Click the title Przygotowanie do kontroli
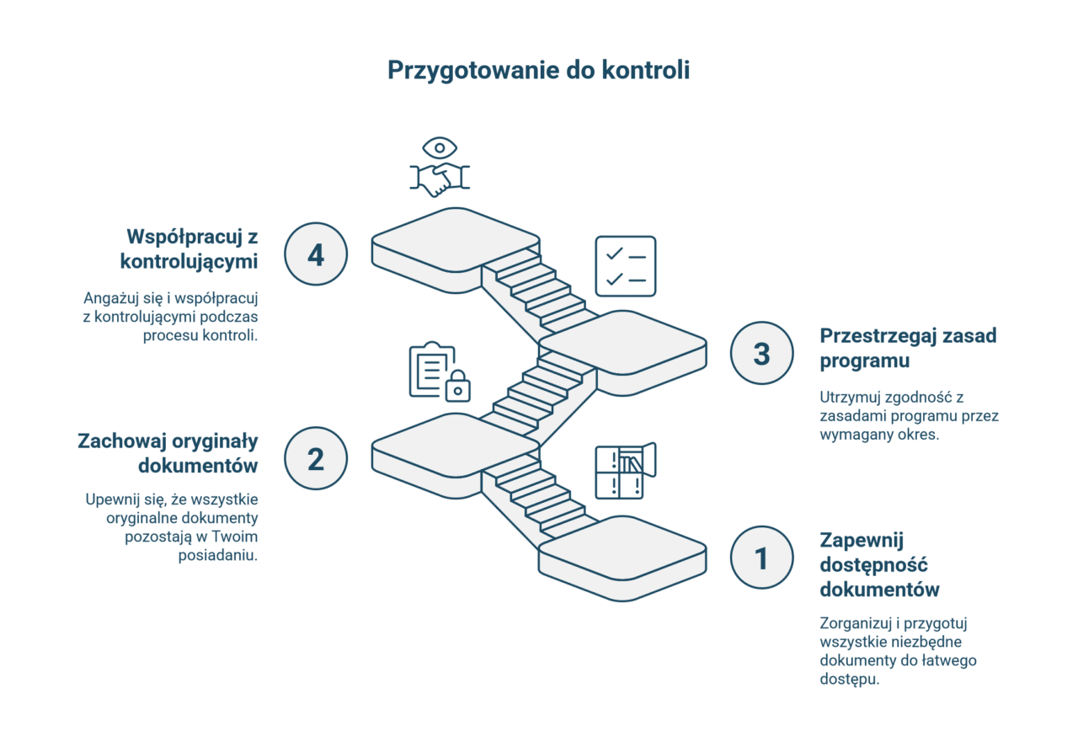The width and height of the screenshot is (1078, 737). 538,70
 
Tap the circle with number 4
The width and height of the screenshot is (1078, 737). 316,254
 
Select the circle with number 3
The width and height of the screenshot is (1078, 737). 761,353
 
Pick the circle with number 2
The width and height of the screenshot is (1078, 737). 316,458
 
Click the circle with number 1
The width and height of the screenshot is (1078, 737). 761,558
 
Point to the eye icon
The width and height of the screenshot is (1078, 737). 440,147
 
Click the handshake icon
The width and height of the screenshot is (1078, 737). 440,179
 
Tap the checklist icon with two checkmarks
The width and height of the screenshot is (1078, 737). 625,265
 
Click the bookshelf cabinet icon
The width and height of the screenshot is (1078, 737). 625,470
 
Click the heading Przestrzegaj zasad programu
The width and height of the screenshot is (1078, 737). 908,348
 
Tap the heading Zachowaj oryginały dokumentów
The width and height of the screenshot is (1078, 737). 168,453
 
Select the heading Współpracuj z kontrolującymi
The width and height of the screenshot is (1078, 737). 189,248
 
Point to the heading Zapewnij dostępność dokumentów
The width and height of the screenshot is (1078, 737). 879,564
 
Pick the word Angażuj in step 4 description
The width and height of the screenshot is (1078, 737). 111,298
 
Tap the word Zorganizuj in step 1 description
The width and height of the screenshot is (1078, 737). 856,623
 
